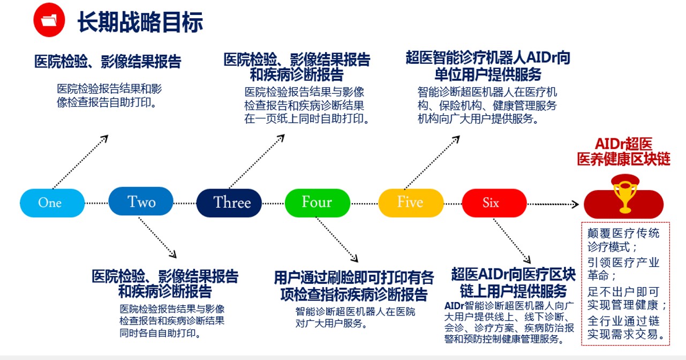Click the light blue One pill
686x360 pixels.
(52, 203)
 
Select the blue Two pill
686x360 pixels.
(141, 201)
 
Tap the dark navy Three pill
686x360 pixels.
(229, 203)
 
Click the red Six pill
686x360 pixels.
(494, 203)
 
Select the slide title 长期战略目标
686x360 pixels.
(140, 22)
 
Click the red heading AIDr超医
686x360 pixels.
(623, 144)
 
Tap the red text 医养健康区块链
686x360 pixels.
(623, 159)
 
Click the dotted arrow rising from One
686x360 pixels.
(80, 162)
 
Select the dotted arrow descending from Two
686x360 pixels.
(157, 237)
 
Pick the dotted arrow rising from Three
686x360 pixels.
(257, 161)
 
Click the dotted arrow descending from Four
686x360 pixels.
(336, 239)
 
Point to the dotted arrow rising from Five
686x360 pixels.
(432, 163)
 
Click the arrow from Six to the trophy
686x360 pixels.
(553, 204)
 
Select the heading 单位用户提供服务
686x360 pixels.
(488, 74)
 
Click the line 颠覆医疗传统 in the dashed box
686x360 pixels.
(623, 234)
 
